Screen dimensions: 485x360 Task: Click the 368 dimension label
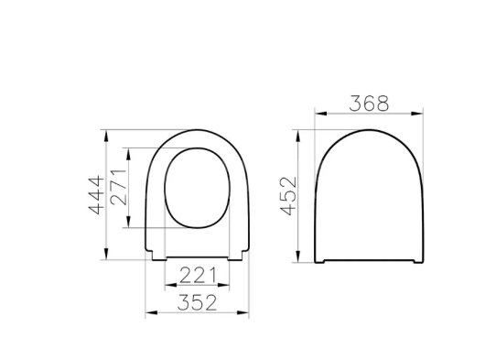[x=369, y=104]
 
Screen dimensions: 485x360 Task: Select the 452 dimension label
[x=288, y=196]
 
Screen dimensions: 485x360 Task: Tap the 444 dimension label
[x=96, y=195]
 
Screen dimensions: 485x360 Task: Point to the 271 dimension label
[x=118, y=187]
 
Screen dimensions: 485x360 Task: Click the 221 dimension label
[x=198, y=275]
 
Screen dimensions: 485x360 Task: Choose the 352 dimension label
[x=197, y=302]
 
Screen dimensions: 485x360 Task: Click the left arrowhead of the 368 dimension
[x=320, y=114]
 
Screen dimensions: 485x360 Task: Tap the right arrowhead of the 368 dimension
[x=417, y=114]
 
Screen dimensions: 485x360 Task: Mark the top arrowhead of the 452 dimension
[x=298, y=136]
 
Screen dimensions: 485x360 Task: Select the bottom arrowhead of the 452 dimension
[x=298, y=256]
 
